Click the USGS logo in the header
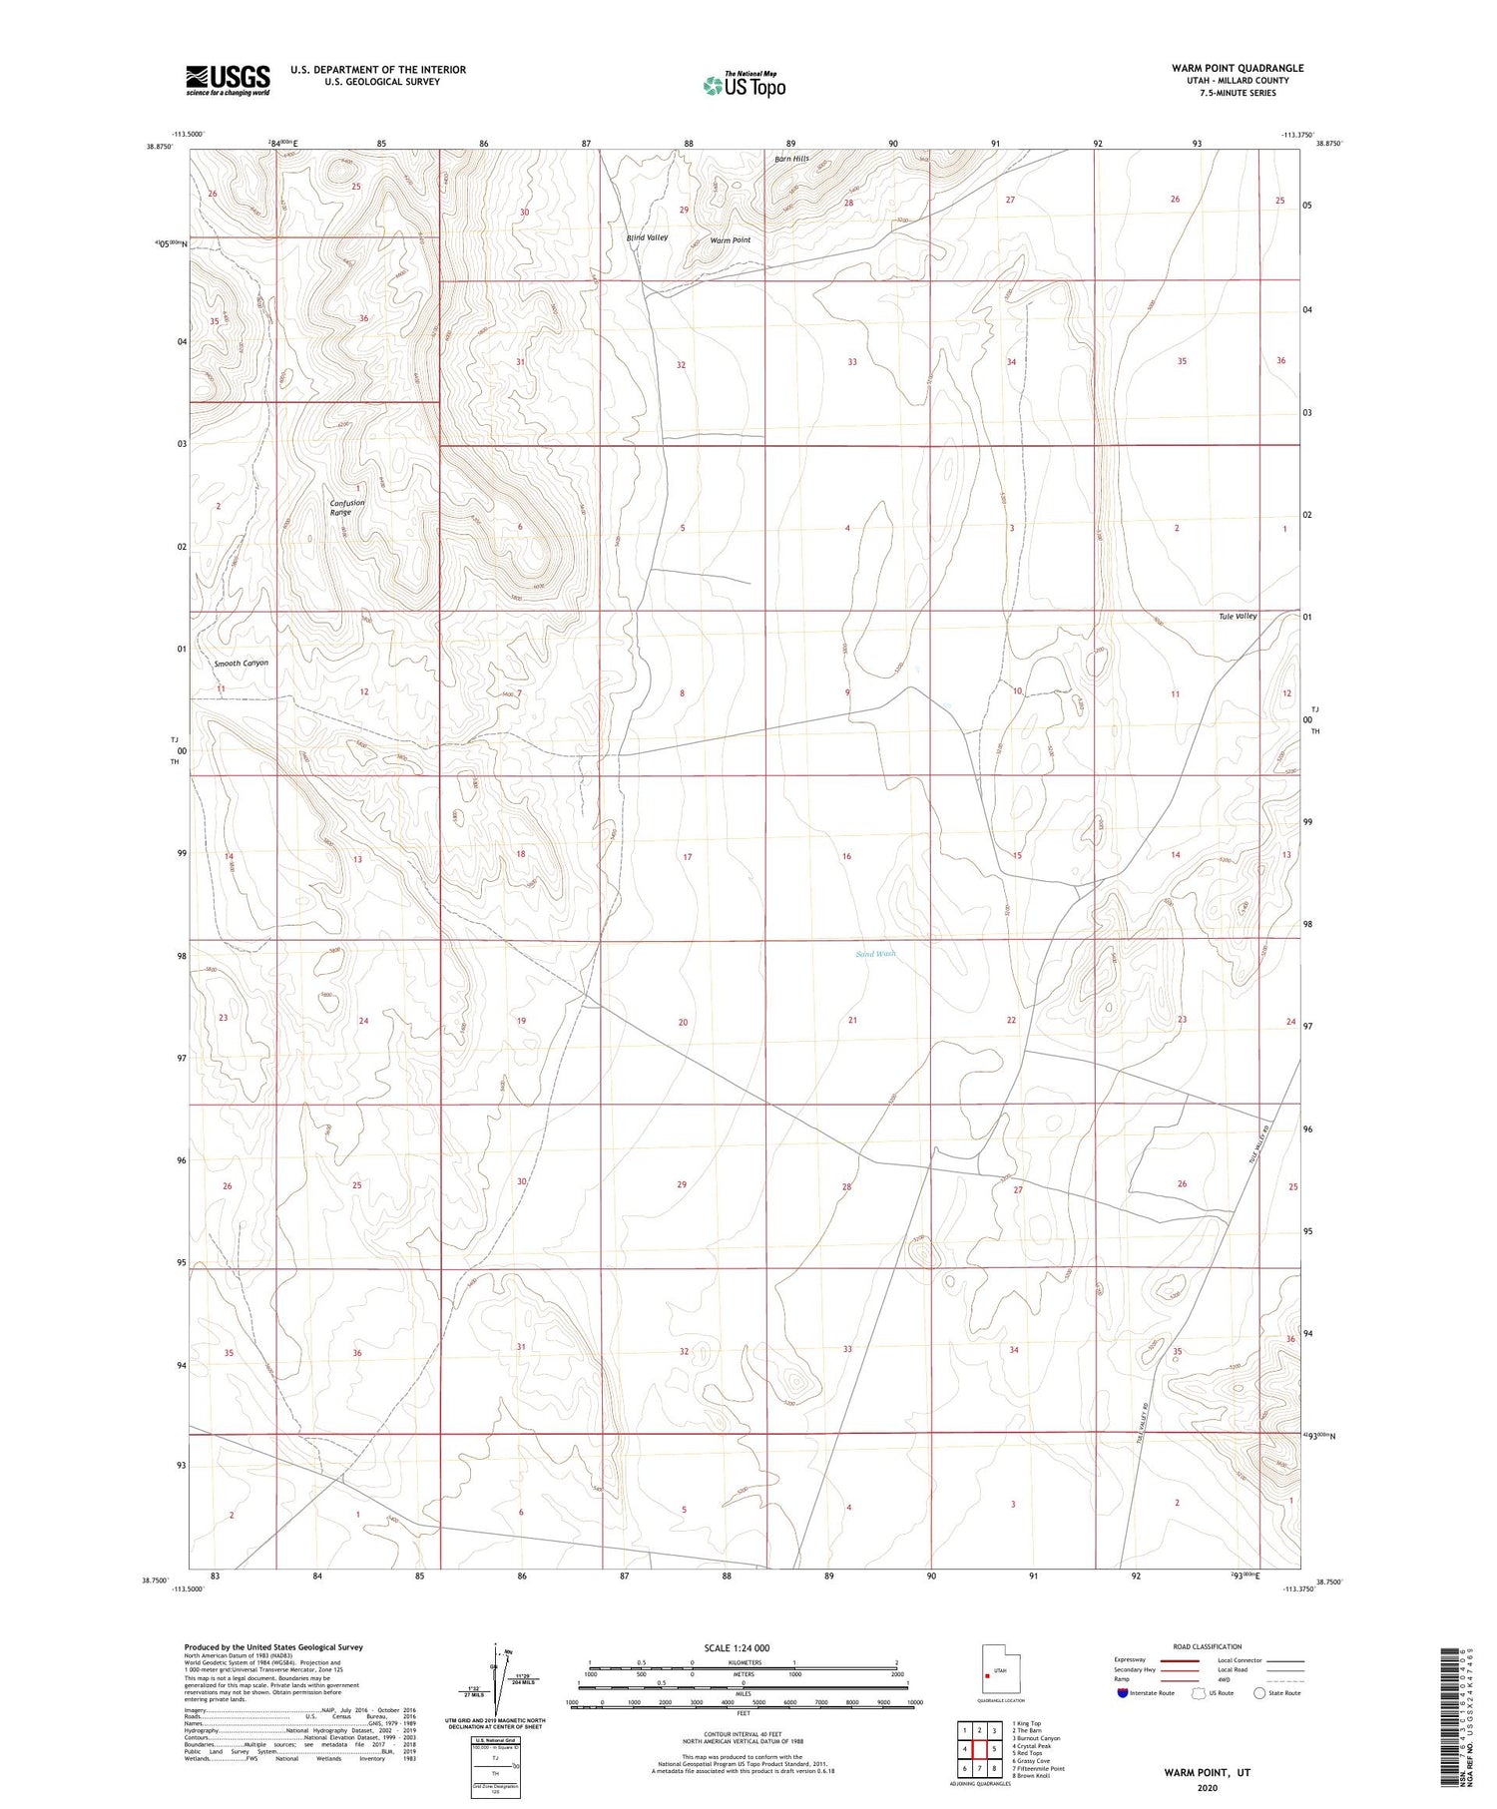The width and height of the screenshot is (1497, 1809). pos(228,80)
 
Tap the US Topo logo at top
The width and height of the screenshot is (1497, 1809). pos(745,86)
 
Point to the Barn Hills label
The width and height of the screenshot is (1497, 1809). pos(791,160)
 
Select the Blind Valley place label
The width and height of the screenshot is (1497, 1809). pos(647,237)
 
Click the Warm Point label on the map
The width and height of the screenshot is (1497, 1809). pos(730,240)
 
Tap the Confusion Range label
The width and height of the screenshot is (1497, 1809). pos(347,507)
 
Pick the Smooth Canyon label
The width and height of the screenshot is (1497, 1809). pos(241,663)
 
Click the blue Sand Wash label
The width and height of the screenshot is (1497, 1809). pos(875,954)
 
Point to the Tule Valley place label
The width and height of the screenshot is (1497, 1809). pos(1238,616)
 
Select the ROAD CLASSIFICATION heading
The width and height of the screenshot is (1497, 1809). pos(1208,1646)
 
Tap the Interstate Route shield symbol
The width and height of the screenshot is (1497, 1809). pos(1123,1693)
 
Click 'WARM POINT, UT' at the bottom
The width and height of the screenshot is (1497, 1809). pos(1206,1772)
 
